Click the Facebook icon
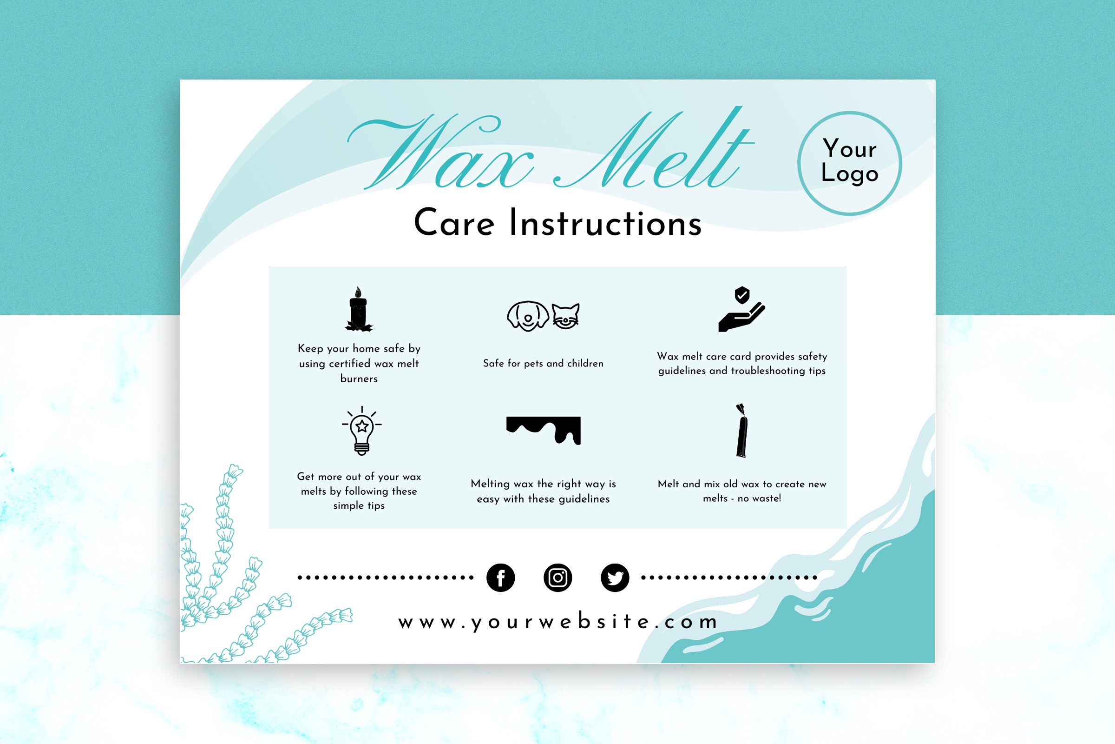tap(501, 578)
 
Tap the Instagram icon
tap(557, 578)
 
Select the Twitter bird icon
tap(615, 578)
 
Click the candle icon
tap(358, 309)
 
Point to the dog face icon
tap(528, 316)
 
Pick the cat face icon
tap(565, 316)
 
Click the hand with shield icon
tap(741, 309)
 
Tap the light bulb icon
tap(362, 431)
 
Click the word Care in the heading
tap(454, 223)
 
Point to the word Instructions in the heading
tap(605, 223)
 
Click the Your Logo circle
tap(850, 164)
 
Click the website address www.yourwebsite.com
tap(558, 622)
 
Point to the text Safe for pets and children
tap(543, 364)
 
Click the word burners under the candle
tap(359, 379)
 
